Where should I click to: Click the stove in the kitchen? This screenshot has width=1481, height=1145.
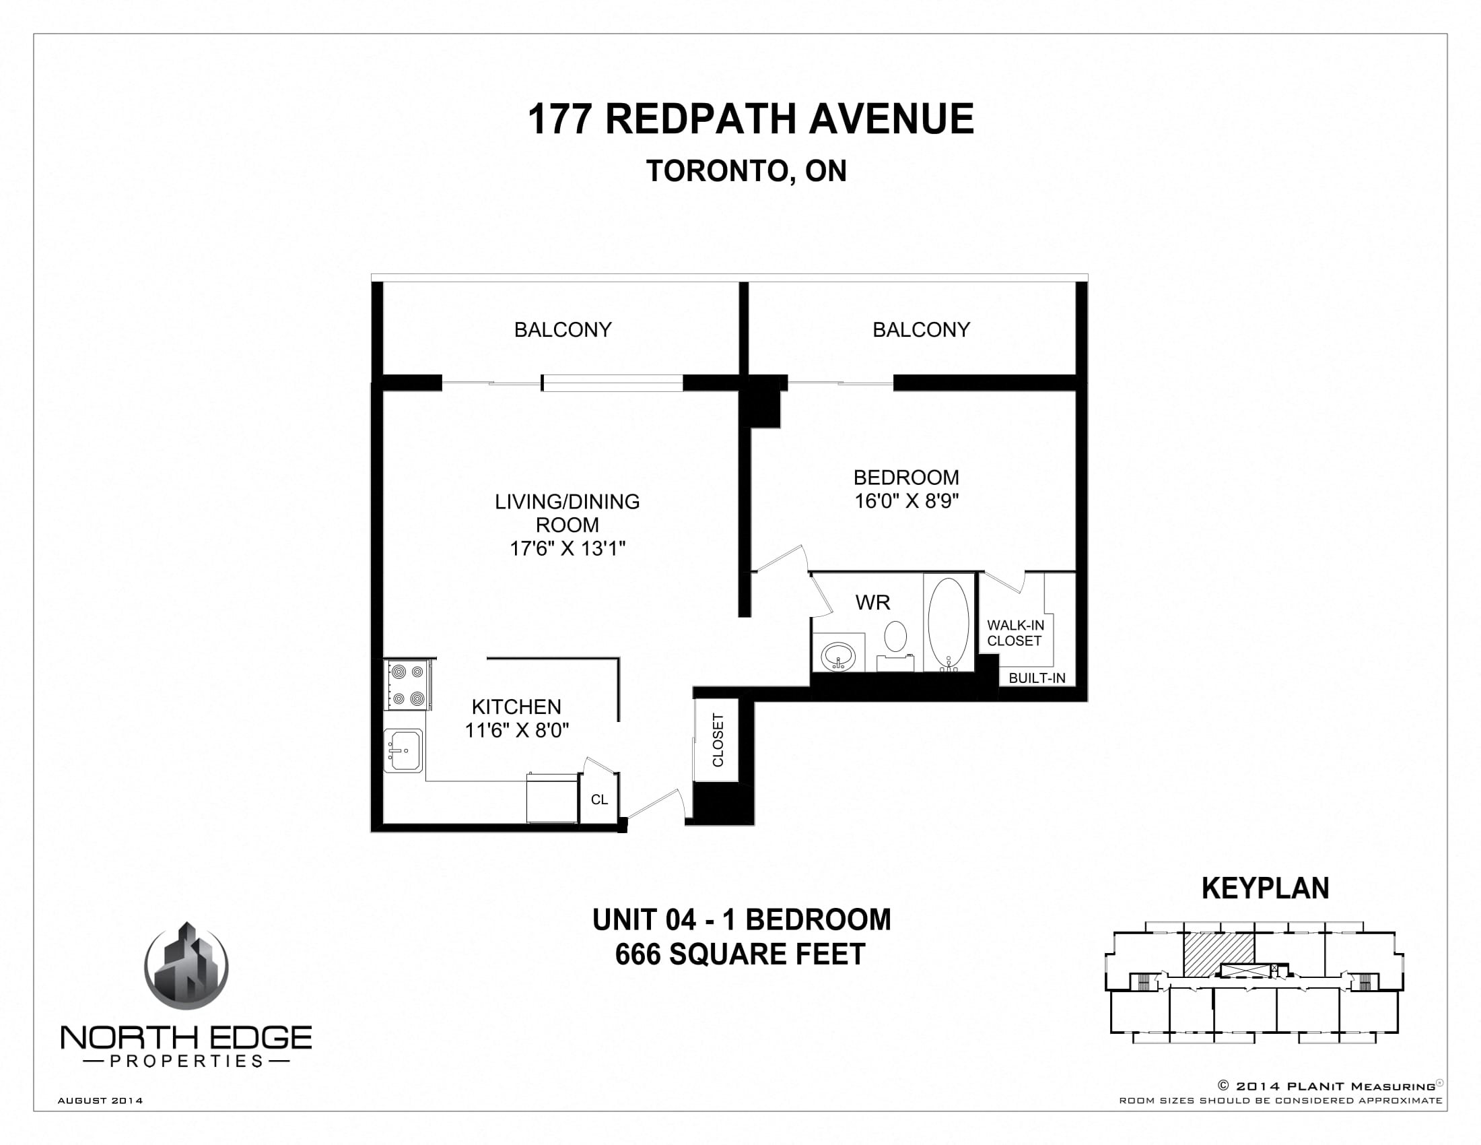click(x=407, y=684)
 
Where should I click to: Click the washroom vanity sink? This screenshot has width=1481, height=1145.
click(x=839, y=656)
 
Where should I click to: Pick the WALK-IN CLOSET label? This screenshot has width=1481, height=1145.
click(x=1015, y=633)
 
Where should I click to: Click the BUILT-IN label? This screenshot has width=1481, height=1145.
click(x=1037, y=678)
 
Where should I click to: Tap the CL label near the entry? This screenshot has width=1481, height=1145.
click(x=599, y=799)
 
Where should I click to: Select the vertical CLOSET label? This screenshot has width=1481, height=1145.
click(x=718, y=740)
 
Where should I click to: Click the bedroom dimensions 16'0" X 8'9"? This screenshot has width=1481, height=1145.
click(x=907, y=501)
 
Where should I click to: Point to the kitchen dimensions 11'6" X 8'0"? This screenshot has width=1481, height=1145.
click(x=517, y=731)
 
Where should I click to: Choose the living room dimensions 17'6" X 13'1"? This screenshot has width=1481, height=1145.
click(x=567, y=548)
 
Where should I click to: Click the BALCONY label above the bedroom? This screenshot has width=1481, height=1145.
click(x=921, y=329)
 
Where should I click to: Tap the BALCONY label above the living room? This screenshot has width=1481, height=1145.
click(x=563, y=329)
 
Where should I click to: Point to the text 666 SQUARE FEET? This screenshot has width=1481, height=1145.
click(x=740, y=954)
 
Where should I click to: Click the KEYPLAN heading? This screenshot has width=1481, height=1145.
click(x=1266, y=888)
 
